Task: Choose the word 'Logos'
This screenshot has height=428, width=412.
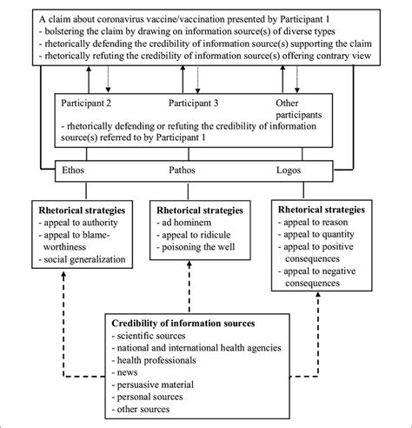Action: pyautogui.click(x=299, y=171)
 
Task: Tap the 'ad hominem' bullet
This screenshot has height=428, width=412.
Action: pyautogui.click(x=189, y=222)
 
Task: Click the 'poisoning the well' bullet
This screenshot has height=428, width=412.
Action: pyautogui.click(x=199, y=248)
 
